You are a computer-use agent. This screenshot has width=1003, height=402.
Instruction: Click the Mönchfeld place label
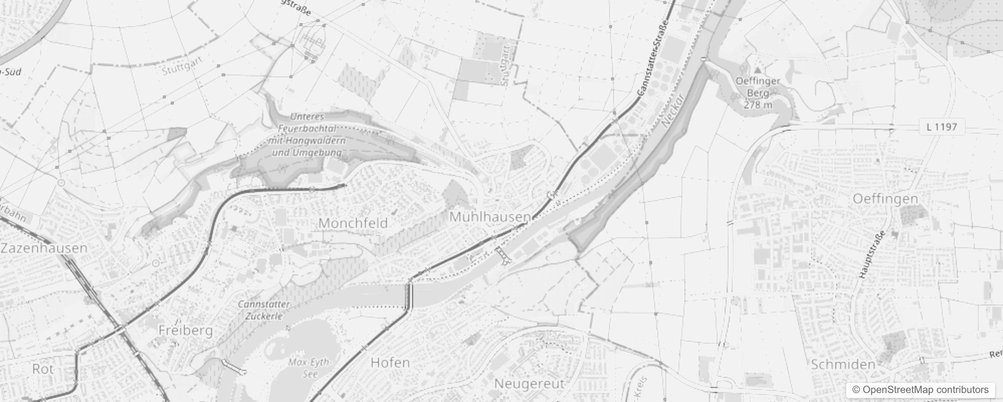353,223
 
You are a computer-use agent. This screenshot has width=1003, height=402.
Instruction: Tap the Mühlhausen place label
489,217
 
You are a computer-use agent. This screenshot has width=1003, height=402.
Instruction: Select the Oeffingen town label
885,199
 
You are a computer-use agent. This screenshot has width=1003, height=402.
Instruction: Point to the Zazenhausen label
44,248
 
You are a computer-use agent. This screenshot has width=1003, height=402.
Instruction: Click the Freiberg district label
185,330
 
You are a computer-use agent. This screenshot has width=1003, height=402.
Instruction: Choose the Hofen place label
390,362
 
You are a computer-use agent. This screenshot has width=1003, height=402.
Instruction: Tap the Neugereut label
529,383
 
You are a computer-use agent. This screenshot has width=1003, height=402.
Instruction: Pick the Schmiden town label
843,365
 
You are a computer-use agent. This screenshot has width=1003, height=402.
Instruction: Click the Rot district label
43,369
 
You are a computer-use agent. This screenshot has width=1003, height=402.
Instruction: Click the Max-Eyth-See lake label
309,368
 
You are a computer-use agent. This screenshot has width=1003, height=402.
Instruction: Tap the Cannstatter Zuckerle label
264,310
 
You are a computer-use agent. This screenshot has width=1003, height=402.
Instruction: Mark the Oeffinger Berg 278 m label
758,93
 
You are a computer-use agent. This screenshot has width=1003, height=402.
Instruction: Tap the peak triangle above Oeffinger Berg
758,70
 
